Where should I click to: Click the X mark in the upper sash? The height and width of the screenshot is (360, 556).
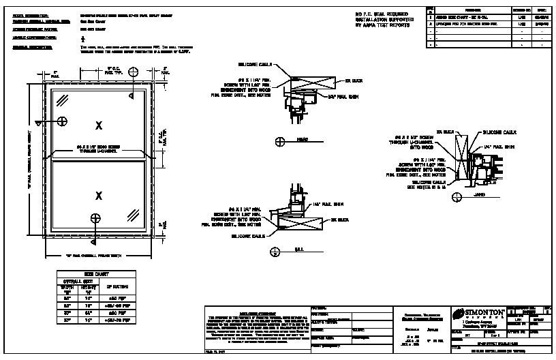coord(99,125)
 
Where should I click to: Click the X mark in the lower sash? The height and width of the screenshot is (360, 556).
coord(99,196)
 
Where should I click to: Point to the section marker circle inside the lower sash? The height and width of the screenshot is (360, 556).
coord(97,218)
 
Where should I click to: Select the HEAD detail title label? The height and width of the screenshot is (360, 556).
coord(303,140)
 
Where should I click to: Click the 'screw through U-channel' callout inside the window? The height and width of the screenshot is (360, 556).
coord(99,147)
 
